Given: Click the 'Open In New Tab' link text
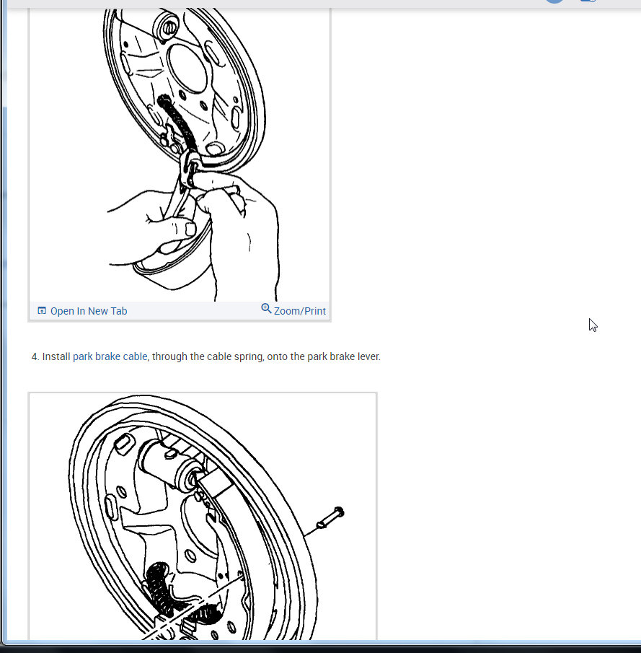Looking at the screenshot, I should coord(89,311).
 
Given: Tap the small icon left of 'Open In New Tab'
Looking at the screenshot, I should coord(42,311).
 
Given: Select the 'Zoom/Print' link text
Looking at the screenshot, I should coord(300,311).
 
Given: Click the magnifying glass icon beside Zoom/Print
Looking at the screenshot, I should coord(266,309).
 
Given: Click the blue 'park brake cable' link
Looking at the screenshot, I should coord(110,356).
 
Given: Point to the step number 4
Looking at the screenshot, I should coord(35,356).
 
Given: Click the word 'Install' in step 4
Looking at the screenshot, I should coord(56,356).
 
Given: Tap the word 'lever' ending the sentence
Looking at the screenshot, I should coord(367,356).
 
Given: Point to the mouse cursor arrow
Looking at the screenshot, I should coord(593,325).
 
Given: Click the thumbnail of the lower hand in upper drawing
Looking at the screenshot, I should coord(190,229).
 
